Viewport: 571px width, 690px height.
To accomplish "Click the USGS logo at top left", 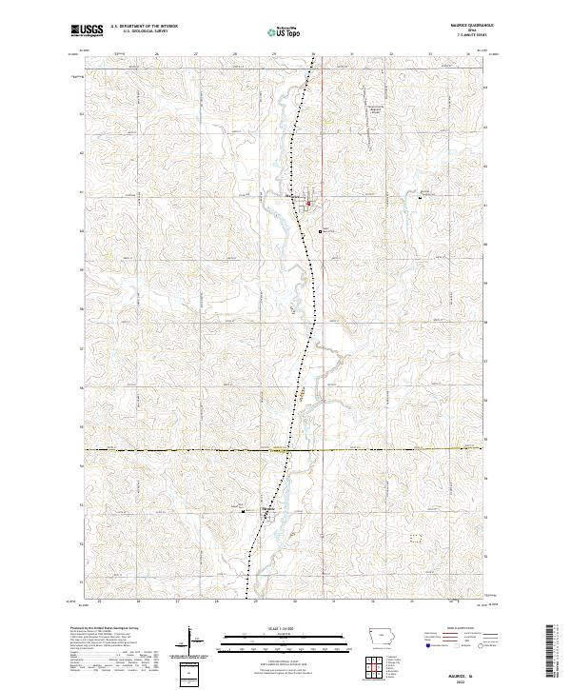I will click(x=86, y=30).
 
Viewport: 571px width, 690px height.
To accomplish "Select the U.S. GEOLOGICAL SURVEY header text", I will click(x=144, y=31).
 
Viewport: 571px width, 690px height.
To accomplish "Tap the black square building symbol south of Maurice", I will click(x=321, y=229).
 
